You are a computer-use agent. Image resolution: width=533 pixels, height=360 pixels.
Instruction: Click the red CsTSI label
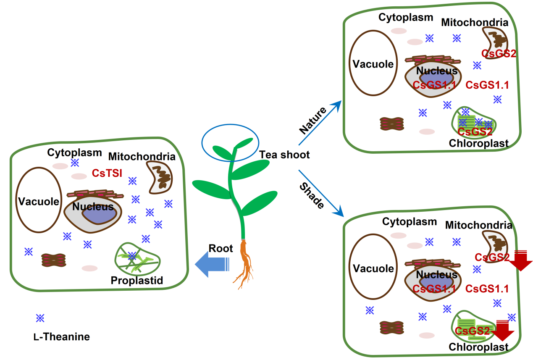tap(107, 173)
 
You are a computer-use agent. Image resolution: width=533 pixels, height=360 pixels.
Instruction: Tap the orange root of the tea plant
tap(244, 265)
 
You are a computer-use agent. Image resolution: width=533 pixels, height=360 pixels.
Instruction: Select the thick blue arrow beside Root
tap(212, 265)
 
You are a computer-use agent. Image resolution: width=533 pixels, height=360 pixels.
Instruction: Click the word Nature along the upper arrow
tap(313, 121)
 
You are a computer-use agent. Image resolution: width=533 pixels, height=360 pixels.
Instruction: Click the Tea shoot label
tap(284, 155)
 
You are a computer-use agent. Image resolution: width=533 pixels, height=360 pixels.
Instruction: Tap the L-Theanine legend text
tap(61, 337)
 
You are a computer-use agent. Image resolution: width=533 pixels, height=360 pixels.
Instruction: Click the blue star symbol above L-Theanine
tap(40, 318)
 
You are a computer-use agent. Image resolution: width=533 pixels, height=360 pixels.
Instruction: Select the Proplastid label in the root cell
tap(137, 280)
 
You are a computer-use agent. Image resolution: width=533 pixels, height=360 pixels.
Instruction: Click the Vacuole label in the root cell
tap(38, 202)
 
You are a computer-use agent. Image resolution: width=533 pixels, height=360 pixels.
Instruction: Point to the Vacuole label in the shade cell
tap(373, 268)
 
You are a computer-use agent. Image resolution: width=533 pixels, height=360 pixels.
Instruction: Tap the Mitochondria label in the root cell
tap(142, 157)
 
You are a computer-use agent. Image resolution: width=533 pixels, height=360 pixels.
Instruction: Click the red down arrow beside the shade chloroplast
tap(503, 331)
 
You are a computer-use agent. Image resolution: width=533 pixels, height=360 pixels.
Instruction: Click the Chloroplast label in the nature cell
tap(479, 143)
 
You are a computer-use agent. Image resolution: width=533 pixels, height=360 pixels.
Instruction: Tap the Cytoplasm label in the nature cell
tap(406, 18)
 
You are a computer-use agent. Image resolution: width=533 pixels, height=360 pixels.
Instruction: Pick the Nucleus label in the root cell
tap(93, 207)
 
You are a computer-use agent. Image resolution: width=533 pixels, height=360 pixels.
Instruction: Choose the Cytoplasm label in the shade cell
tap(410, 221)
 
